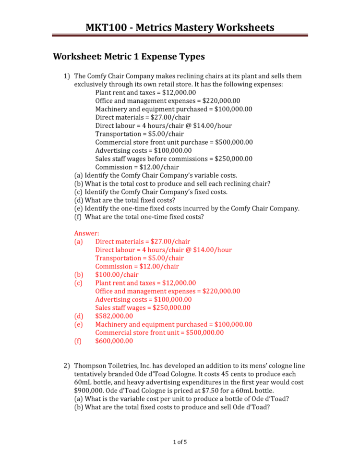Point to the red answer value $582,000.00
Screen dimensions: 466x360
(x=114, y=316)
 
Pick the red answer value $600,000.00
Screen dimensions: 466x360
(x=114, y=341)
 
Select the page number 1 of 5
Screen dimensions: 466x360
(x=180, y=442)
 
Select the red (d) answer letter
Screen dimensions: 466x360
(x=79, y=316)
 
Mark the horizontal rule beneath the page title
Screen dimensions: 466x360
(x=180, y=35)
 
